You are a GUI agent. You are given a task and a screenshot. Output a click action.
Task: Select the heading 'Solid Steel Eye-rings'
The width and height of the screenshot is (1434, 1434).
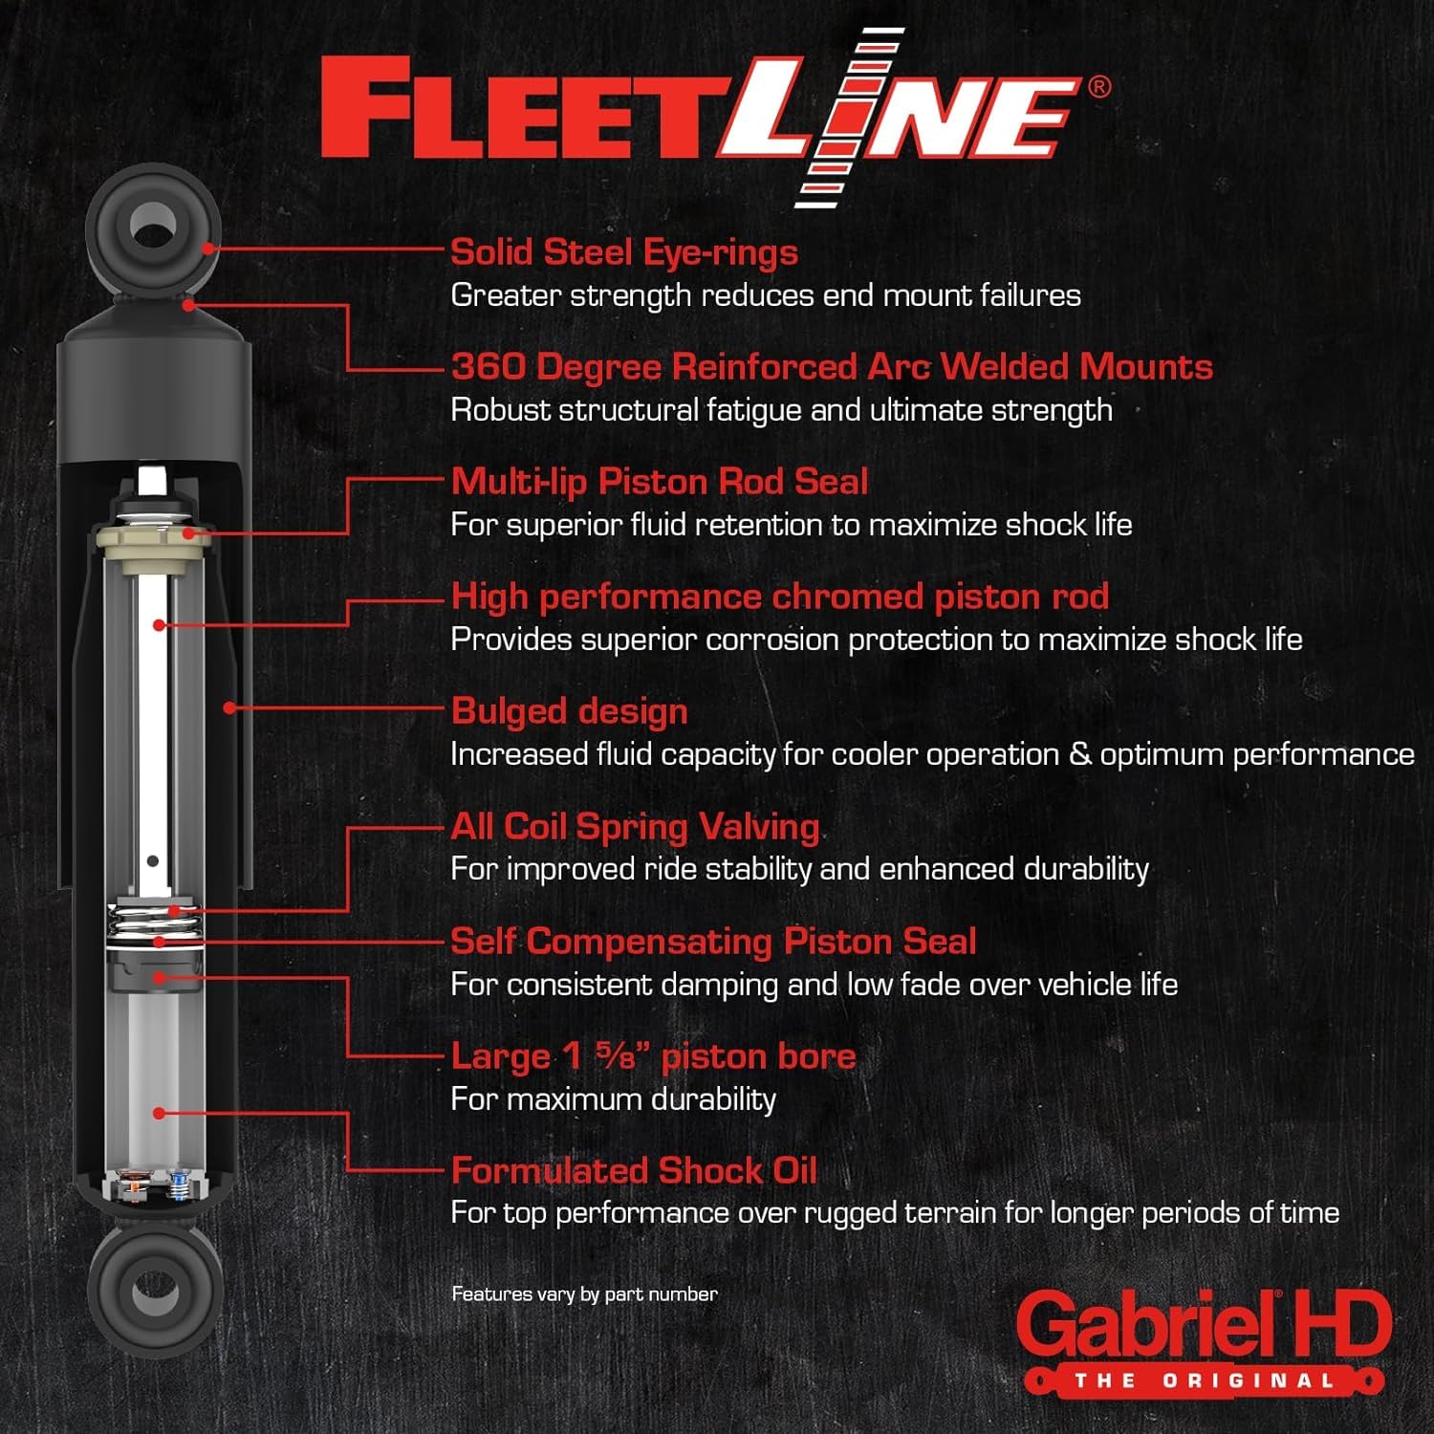point(623,252)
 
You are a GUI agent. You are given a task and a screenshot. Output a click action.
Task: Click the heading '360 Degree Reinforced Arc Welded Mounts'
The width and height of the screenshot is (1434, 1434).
point(832,367)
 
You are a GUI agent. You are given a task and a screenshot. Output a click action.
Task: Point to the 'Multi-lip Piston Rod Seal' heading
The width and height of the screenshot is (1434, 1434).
point(659,482)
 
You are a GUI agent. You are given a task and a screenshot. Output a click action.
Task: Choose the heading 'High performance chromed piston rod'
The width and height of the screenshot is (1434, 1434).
point(779,597)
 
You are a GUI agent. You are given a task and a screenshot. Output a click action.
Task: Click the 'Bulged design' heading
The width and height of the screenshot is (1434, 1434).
point(569,711)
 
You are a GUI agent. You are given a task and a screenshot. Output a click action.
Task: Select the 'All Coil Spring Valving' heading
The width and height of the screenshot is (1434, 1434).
point(635,827)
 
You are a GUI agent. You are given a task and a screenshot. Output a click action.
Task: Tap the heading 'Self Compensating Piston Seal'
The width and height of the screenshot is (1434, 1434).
point(713,942)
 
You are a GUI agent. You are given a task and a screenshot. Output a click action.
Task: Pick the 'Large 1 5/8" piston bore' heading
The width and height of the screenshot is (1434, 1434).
point(653,1056)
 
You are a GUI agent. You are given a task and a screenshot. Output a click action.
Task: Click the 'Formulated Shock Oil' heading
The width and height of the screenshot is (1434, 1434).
point(634,1171)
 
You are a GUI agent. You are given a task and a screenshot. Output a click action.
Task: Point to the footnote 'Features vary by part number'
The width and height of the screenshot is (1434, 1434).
point(584,1294)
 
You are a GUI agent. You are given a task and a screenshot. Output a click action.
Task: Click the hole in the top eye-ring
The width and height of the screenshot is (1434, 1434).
point(153,228)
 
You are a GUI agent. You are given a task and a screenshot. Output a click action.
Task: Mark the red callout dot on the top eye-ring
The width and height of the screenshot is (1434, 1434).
point(207,249)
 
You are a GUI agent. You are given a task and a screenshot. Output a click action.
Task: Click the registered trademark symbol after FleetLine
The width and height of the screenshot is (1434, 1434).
point(1099,87)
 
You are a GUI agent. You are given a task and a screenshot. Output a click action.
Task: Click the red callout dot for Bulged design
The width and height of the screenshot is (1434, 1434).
point(229,708)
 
